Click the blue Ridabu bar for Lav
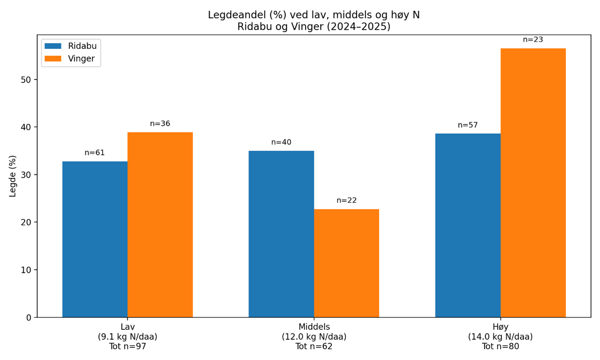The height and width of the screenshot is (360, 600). pyautogui.click(x=95, y=239)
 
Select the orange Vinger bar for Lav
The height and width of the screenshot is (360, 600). pyautogui.click(x=160, y=225)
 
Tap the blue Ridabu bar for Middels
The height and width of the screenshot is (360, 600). pyautogui.click(x=281, y=234)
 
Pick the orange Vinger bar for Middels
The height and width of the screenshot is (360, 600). pyautogui.click(x=346, y=263)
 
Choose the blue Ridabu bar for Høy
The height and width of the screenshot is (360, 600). pyautogui.click(x=468, y=225)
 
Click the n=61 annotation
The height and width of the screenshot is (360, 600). pyautogui.click(x=95, y=153)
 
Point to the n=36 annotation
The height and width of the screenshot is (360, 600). pyautogui.click(x=160, y=124)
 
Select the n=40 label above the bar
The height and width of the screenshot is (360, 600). pyautogui.click(x=281, y=142)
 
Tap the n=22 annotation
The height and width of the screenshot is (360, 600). pyautogui.click(x=346, y=201)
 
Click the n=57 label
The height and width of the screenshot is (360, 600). pyautogui.click(x=468, y=125)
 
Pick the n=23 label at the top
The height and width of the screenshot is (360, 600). pyautogui.click(x=533, y=40)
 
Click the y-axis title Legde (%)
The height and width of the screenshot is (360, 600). pyautogui.click(x=13, y=176)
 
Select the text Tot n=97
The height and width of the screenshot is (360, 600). pyautogui.click(x=127, y=347)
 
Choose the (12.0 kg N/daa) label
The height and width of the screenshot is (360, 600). pyautogui.click(x=314, y=337)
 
